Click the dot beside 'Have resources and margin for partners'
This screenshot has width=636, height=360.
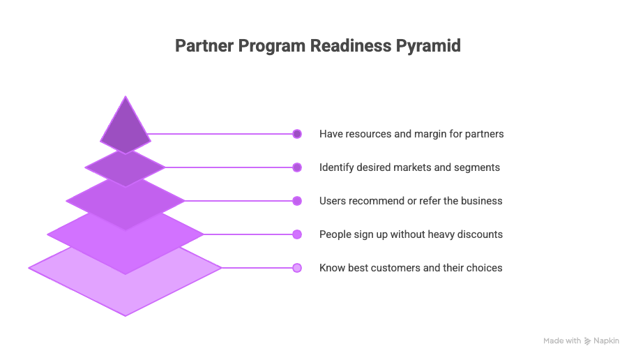[297, 134]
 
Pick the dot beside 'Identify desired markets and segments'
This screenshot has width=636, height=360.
[297, 167]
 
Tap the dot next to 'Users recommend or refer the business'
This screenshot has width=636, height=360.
[297, 201]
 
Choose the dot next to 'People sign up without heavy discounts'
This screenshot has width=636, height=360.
[297, 234]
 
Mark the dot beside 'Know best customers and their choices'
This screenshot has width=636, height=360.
[297, 268]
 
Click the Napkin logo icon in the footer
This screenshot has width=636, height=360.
[588, 341]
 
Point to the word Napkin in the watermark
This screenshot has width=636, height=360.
[606, 341]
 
